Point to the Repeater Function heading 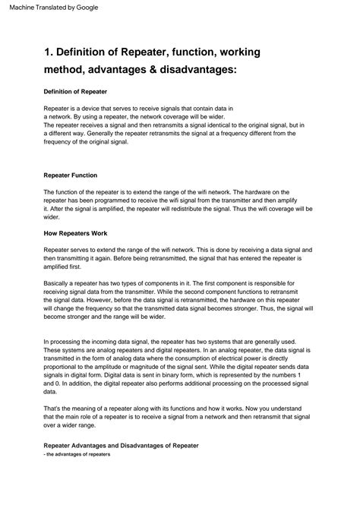tap(71, 175)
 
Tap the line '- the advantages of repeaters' tap(77, 454)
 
